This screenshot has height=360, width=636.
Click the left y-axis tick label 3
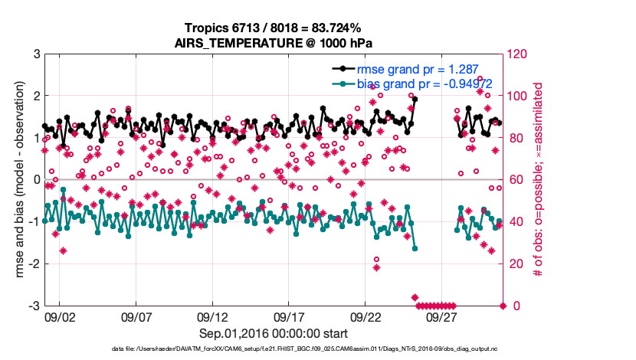36,54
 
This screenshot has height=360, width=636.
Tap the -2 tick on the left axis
34,264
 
